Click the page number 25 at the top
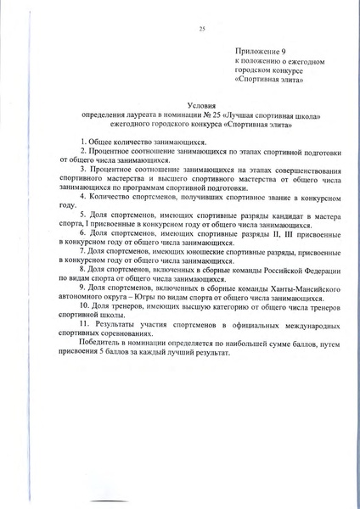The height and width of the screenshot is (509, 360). pos(202,30)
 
